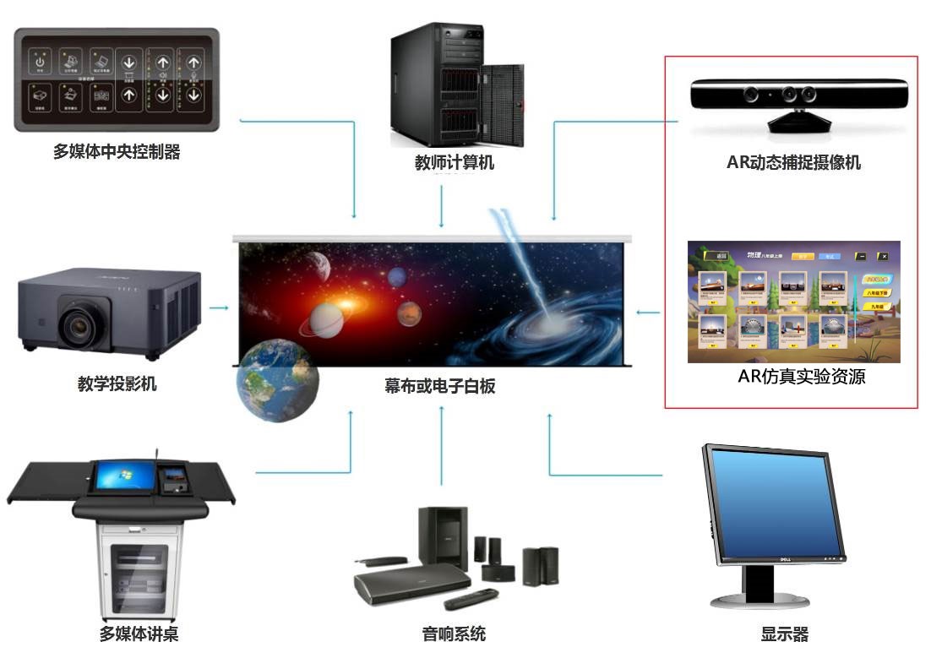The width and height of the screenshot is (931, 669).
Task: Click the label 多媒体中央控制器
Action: tap(117, 153)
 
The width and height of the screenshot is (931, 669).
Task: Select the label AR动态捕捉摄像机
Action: tap(793, 163)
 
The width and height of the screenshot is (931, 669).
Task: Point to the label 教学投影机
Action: tap(117, 384)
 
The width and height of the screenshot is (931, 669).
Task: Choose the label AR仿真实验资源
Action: tap(801, 377)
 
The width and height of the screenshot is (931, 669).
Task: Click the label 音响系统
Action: tap(454, 634)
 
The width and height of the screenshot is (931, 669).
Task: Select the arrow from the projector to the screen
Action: tap(219, 307)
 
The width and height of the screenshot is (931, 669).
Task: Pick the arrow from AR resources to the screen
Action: tap(648, 313)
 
